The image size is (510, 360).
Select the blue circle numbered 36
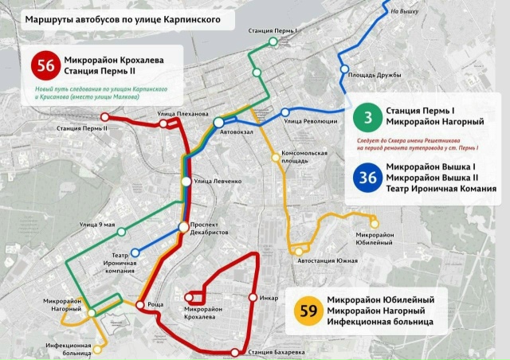click(x=367, y=177)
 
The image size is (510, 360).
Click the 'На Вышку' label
click(x=406, y=11)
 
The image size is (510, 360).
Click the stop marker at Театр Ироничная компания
click(x=134, y=252)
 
